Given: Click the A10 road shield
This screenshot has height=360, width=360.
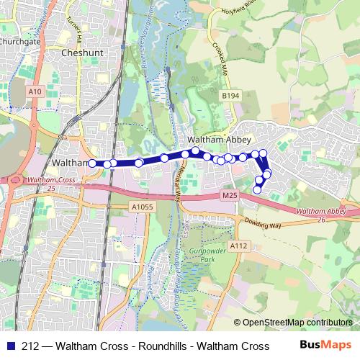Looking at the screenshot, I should [x=35, y=91].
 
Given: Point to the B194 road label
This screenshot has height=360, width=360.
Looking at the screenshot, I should [x=230, y=96].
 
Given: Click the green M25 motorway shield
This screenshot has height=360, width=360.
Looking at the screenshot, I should [x=230, y=195].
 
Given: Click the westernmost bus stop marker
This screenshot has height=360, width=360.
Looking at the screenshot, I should [x=93, y=163].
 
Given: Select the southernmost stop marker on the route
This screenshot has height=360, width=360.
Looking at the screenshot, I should [x=258, y=190].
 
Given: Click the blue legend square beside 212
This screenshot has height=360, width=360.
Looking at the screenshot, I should [x=9, y=346].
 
